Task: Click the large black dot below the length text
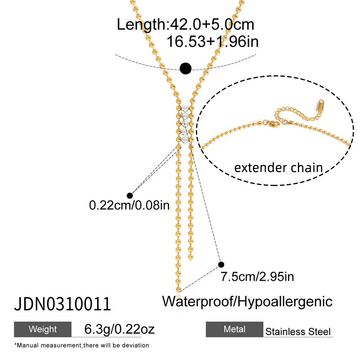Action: (x=185, y=69)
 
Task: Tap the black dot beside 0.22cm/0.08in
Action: (x=130, y=196)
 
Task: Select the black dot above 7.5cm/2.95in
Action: (x=221, y=264)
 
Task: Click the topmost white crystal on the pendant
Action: (x=185, y=108)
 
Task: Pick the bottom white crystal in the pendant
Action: (x=185, y=140)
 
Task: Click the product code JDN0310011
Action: (x=62, y=304)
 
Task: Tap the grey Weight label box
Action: (x=43, y=329)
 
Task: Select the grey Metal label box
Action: (x=235, y=329)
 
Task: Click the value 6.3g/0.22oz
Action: (x=119, y=329)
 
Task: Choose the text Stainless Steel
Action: (x=298, y=331)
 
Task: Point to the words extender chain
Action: (x=278, y=168)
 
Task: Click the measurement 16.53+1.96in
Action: (x=212, y=41)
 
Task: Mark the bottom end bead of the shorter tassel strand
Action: (x=190, y=258)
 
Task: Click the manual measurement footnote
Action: (x=82, y=345)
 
